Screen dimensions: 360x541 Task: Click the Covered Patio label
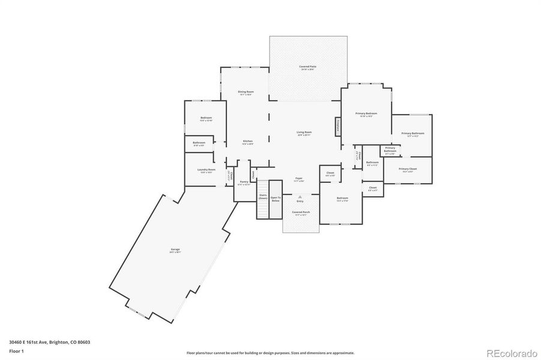click(308, 67)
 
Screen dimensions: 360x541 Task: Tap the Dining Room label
click(246, 92)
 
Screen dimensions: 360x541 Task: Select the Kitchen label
click(247, 141)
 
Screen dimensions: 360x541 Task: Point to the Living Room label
click(304, 133)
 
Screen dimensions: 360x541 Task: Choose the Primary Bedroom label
click(366, 113)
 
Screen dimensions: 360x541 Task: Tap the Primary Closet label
click(407, 169)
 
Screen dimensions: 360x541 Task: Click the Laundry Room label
click(206, 170)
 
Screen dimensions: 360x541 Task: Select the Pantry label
click(244, 182)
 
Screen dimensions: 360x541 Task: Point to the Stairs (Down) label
click(263, 197)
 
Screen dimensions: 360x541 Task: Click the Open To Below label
click(276, 199)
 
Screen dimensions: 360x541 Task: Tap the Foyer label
click(298, 178)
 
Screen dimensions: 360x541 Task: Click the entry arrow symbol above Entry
click(300, 196)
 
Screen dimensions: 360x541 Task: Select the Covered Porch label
click(301, 212)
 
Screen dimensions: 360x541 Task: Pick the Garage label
click(175, 249)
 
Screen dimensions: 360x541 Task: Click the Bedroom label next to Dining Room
click(206, 118)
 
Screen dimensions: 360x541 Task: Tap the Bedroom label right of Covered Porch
click(342, 198)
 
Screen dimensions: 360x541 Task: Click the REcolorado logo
click(511, 353)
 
